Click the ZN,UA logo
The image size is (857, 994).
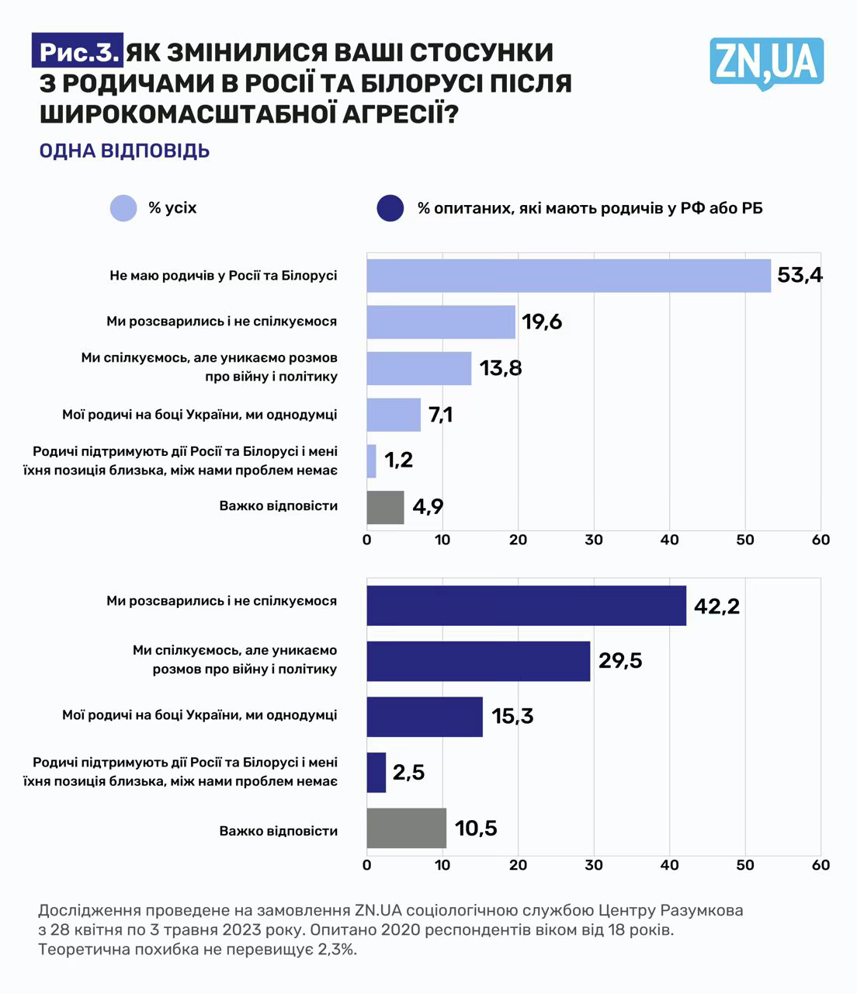tap(766, 62)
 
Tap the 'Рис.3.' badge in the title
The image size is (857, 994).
tap(78, 52)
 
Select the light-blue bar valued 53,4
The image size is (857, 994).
tap(568, 276)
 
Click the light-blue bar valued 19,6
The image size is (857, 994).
tap(441, 321)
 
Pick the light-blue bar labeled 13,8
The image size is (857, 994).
tap(419, 368)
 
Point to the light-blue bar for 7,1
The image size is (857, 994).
tap(394, 415)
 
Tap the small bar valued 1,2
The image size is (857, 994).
tap(371, 461)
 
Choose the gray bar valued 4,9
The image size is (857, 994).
tap(385, 507)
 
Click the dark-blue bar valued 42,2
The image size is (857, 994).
tap(526, 606)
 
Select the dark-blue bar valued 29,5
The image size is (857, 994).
tap(478, 661)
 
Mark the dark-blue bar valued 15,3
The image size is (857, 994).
tap(425, 716)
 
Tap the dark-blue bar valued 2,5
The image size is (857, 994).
tap(376, 772)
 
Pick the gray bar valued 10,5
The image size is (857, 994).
tap(406, 828)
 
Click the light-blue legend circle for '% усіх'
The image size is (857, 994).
tap(123, 208)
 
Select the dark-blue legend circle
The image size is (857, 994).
tap(390, 208)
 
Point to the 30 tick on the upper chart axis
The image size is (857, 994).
tap(594, 540)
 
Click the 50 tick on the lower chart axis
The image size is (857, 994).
tap(745, 865)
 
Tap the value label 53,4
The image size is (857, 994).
tap(800, 275)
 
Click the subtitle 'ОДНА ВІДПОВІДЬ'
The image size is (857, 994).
tap(124, 150)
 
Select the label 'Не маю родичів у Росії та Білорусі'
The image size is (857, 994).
tap(224, 276)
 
